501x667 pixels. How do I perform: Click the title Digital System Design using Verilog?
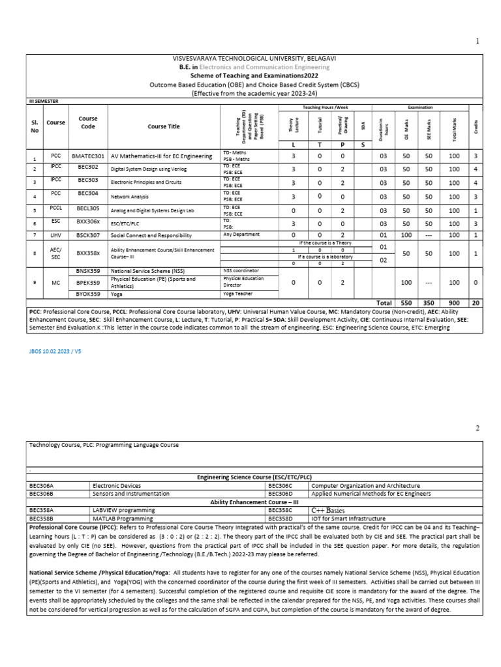point(152,169)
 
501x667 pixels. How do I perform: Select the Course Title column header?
point(164,126)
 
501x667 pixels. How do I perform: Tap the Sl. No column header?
point(35,126)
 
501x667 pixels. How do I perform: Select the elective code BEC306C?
point(280,486)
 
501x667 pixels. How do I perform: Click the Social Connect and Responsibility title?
point(151,235)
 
